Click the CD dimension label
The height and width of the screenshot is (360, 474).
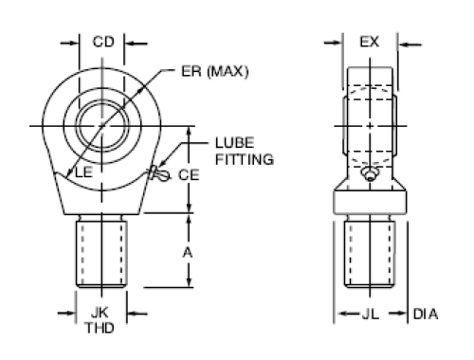click(103, 42)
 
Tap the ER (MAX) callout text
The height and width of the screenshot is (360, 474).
click(215, 71)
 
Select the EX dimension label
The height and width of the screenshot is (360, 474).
click(369, 42)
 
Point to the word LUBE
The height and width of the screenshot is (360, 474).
click(234, 143)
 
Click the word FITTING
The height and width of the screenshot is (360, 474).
click(245, 159)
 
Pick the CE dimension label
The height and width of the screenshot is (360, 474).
click(189, 175)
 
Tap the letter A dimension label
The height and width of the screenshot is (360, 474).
click(188, 253)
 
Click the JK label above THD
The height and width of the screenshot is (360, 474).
click(100, 313)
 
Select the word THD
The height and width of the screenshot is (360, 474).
click(100, 328)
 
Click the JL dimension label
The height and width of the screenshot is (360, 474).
click(370, 314)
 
